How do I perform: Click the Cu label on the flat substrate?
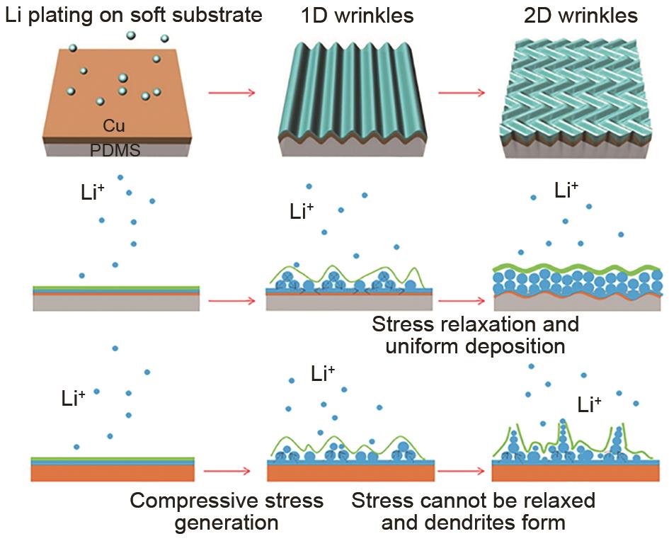pyautogui.click(x=114, y=126)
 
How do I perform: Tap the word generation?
pyautogui.click(x=227, y=523)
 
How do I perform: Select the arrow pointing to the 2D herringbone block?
pyautogui.click(x=461, y=93)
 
